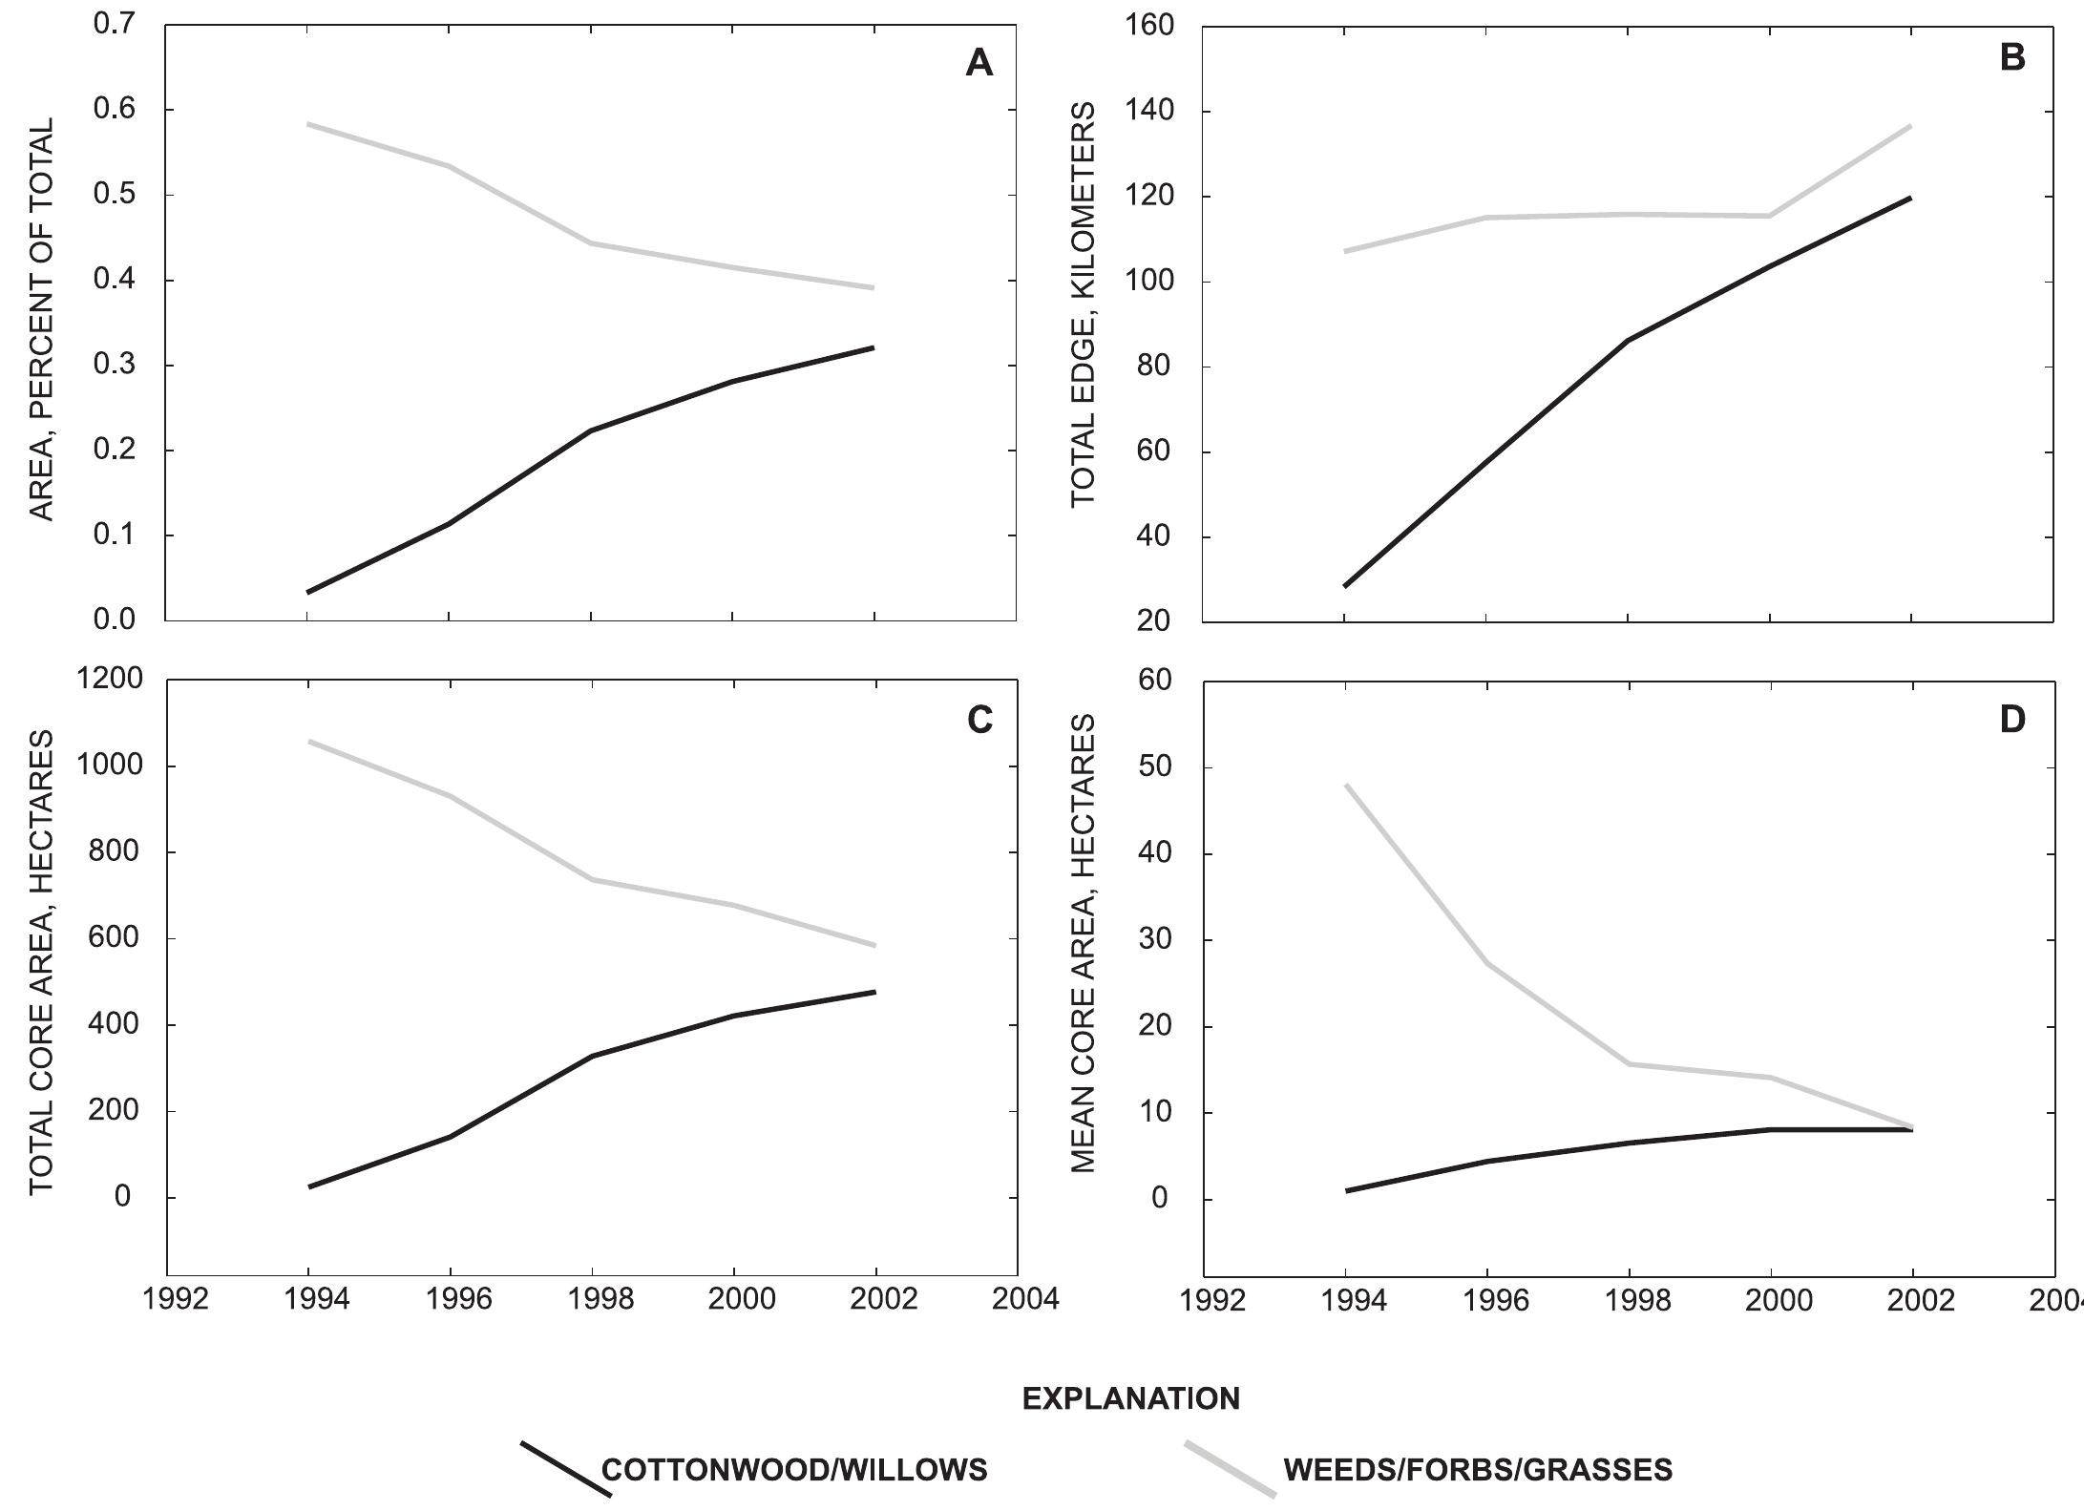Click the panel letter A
tap(979, 64)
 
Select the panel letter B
tap(2011, 59)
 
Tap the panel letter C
tap(979, 721)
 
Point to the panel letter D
tap(2011, 721)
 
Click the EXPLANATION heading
tap(1130, 1399)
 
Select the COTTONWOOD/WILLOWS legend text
tap(794, 1469)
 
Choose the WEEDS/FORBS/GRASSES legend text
tap(1478, 1469)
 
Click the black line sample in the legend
tap(565, 1468)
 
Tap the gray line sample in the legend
tap(1230, 1468)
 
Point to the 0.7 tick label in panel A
tap(116, 25)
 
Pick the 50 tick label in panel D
tap(1158, 767)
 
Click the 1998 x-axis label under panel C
tap(591, 1301)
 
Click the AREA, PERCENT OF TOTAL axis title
tap(41, 320)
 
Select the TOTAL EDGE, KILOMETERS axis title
tap(1082, 305)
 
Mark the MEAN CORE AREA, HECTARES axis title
tap(1082, 945)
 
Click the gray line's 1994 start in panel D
tap(1345, 785)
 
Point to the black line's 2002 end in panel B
tap(1911, 198)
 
